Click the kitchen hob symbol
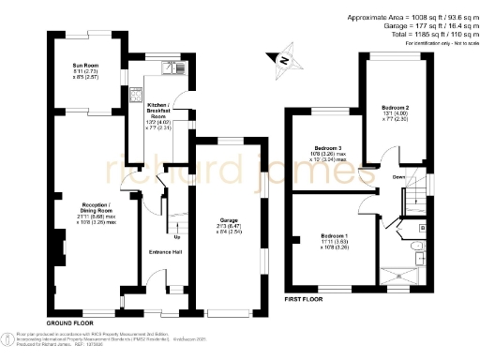coord(136,97)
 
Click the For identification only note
coord(437,44)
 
